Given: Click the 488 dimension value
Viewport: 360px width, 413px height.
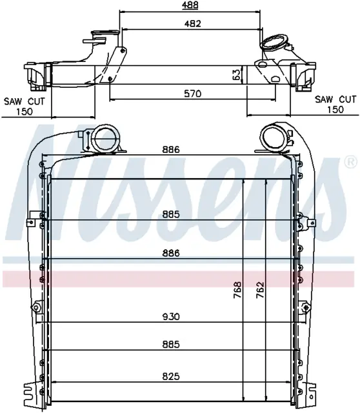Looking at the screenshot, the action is [190, 5].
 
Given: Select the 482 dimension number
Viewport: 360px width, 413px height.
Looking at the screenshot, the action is [192, 23].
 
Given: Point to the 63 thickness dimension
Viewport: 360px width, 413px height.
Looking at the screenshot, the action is [237, 75].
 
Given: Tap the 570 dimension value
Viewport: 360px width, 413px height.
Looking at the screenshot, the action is [193, 94].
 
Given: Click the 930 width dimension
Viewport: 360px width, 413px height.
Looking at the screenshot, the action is [171, 316].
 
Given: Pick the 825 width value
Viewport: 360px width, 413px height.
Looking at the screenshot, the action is [171, 376].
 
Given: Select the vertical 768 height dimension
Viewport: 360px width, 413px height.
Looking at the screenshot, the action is [237, 290].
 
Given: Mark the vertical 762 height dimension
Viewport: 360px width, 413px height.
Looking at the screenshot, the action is [260, 290].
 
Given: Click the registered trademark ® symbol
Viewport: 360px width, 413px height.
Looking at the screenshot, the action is [350, 162].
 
